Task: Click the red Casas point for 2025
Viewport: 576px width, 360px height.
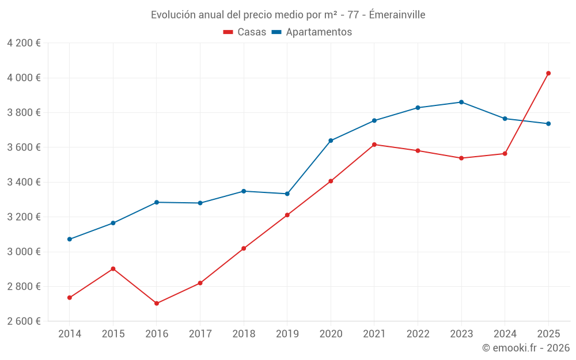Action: tap(548, 73)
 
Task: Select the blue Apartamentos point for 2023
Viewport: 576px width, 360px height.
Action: tap(461, 102)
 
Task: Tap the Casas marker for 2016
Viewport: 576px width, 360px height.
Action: tap(157, 303)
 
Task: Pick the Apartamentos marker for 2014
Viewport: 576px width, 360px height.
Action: tap(70, 239)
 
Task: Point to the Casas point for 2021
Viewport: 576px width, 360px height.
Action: tap(374, 145)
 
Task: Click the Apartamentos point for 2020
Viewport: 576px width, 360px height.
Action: tap(331, 141)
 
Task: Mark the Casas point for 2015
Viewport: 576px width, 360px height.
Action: tap(113, 268)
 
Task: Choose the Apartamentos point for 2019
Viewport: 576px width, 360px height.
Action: tap(287, 194)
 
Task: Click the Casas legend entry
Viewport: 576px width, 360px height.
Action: tap(245, 32)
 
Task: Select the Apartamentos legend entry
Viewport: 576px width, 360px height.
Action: tap(312, 32)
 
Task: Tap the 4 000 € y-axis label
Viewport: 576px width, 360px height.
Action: tap(24, 78)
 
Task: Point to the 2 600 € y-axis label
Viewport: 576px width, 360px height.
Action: tap(24, 321)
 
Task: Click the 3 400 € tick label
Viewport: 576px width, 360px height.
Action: tap(24, 182)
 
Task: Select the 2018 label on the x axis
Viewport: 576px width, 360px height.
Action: tap(244, 334)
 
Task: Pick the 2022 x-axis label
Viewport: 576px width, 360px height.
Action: tap(418, 334)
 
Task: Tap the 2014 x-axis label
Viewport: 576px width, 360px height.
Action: tap(70, 334)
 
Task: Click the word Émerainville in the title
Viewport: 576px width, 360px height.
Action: tap(397, 15)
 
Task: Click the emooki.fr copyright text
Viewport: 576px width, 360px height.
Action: tap(526, 348)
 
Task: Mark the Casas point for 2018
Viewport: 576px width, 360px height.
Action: tap(244, 248)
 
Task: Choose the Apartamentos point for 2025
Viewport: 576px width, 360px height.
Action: tap(548, 124)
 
